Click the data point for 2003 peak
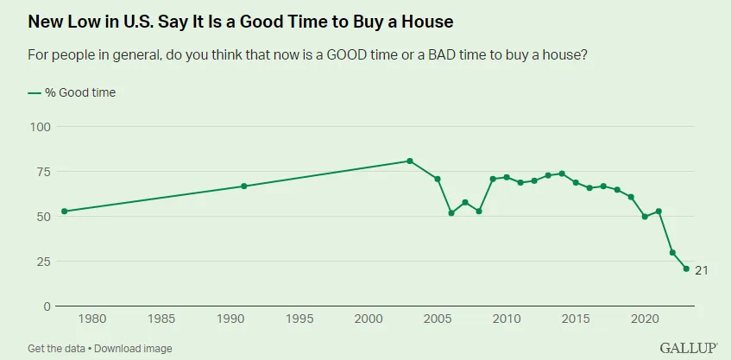410,161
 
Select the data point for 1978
65,211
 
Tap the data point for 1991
244,186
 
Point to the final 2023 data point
686,268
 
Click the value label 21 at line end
702,270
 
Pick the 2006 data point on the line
451,212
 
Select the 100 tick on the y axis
41,127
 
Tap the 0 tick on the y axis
47,306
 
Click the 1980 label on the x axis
92,319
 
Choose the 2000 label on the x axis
369,319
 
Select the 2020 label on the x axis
645,319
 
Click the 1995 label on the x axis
299,319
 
